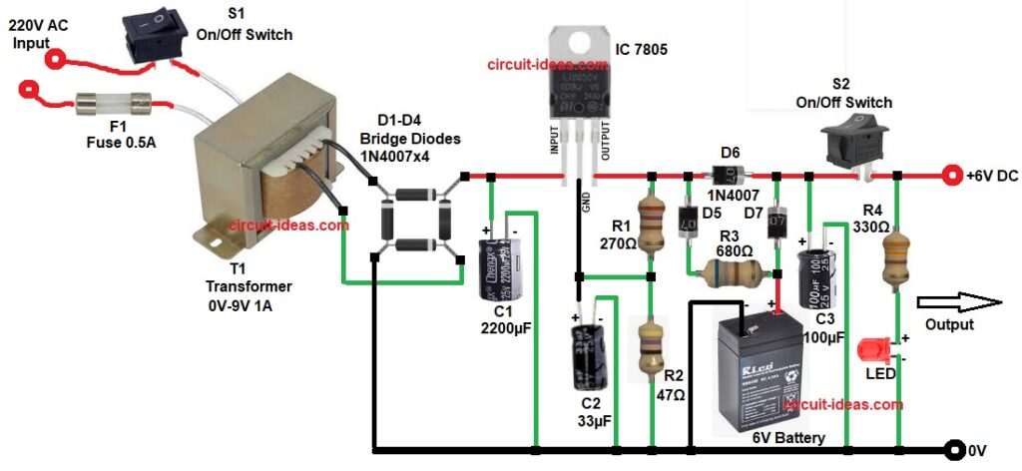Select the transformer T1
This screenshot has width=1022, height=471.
point(265,170)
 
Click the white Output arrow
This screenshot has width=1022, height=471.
point(958,303)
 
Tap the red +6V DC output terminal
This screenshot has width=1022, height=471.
point(952,177)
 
